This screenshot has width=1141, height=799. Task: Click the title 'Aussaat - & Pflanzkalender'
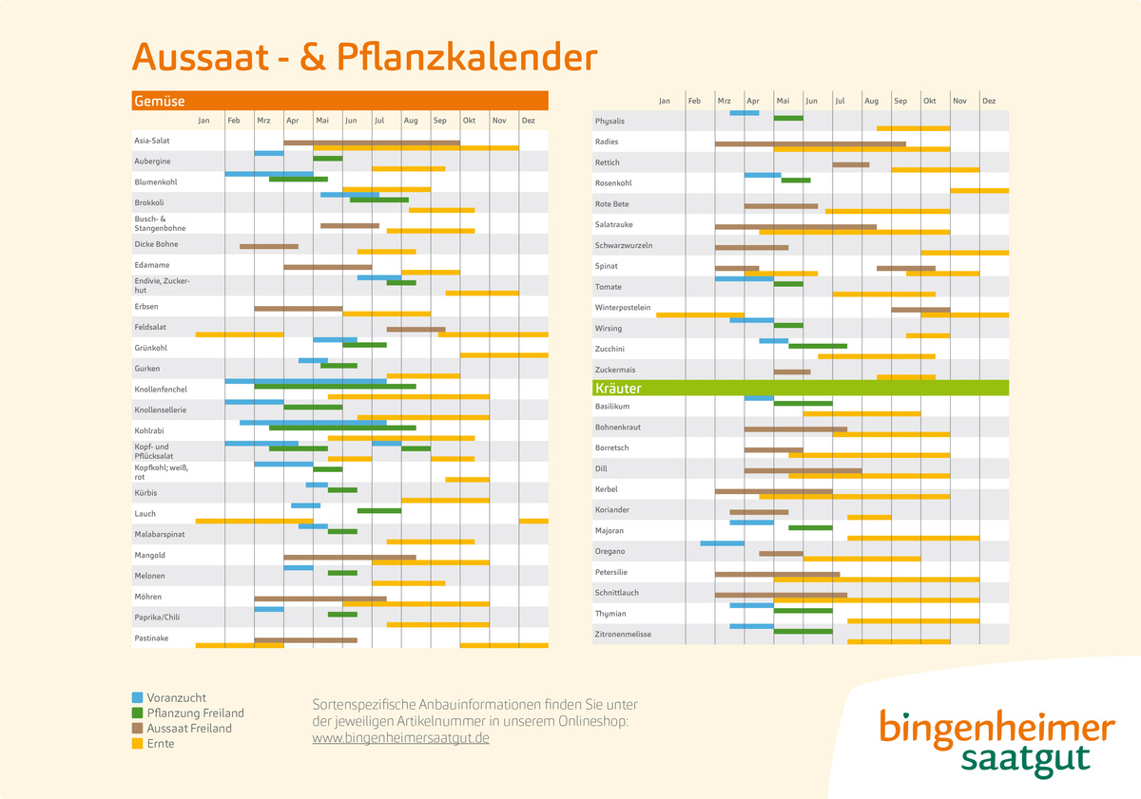(364, 57)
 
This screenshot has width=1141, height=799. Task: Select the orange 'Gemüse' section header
(339, 101)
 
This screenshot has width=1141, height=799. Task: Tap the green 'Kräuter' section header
(800, 388)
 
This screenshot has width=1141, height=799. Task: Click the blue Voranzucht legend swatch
(138, 698)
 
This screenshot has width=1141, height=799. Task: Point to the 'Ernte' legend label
(161, 744)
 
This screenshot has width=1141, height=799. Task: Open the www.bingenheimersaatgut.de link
(400, 738)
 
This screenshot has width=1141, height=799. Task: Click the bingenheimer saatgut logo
(996, 743)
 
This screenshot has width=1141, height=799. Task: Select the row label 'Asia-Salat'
(152, 141)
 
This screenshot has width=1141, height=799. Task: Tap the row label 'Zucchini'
(609, 349)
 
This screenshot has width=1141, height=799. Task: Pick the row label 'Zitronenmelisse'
(623, 634)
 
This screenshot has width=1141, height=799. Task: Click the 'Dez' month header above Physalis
(989, 101)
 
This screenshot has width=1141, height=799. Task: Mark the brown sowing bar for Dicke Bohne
(269, 246)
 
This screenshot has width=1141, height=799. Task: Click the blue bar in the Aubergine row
(269, 153)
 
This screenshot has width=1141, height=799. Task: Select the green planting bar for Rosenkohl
(796, 180)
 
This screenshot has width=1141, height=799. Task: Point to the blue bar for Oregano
(722, 543)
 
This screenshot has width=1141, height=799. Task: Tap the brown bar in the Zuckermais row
(792, 371)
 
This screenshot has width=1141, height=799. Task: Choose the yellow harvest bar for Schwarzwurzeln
(964, 253)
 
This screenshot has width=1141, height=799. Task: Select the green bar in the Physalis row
(788, 118)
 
